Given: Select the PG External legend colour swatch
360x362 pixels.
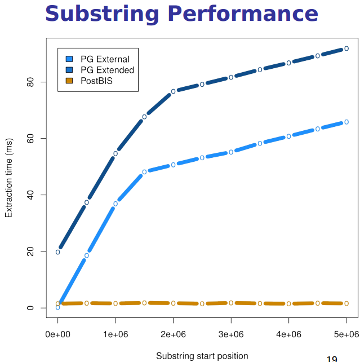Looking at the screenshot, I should [69, 59].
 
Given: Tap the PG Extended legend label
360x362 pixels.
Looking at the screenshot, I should [107, 70].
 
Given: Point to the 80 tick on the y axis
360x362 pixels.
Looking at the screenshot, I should [30, 82].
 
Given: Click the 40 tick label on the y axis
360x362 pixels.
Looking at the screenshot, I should [30, 195].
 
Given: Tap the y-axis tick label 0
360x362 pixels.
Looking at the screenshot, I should [30, 308].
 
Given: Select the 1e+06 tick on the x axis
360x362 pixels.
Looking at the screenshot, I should [115, 334].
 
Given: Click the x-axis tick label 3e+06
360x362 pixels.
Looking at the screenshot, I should [231, 334].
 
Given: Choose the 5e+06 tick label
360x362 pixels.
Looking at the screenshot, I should [346, 334].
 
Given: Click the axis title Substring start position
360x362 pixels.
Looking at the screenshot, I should [202, 356].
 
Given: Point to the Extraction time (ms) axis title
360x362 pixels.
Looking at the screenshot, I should [8, 179].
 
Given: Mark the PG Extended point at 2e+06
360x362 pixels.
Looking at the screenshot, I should [174, 91].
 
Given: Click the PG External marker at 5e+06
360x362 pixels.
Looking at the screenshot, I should [346, 122].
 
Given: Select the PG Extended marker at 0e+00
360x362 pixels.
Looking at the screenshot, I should [58, 252].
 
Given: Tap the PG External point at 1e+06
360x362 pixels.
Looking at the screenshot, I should [115, 204].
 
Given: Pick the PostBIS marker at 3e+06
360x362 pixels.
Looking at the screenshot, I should [231, 303].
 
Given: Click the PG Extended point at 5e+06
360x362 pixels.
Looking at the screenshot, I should [346, 48].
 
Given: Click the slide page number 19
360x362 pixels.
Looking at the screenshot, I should [332, 359].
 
